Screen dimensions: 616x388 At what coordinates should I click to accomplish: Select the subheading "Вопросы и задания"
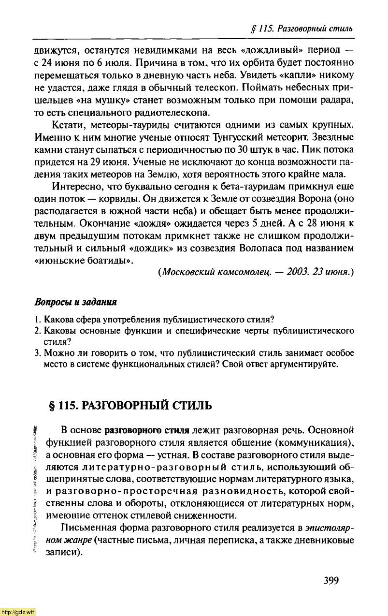(76, 302)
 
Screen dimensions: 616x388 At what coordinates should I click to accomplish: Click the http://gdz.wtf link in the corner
(18, 612)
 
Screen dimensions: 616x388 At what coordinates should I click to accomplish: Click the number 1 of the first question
(37, 319)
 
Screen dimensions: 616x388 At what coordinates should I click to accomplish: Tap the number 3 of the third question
(37, 352)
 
